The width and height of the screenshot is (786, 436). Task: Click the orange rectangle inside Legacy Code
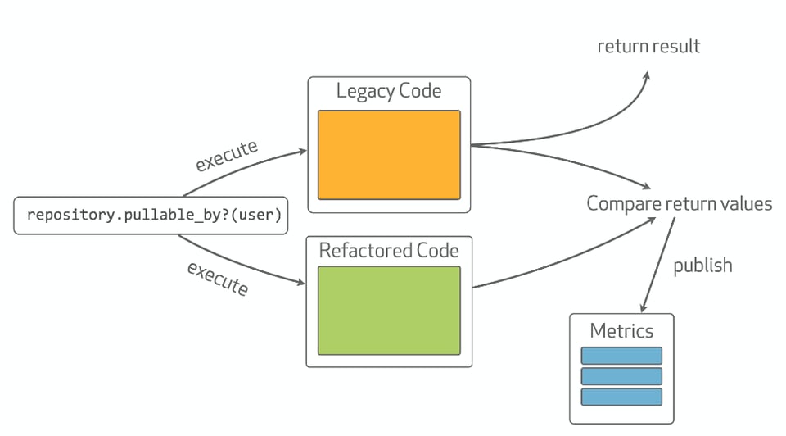click(389, 155)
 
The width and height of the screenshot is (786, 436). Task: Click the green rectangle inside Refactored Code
click(389, 310)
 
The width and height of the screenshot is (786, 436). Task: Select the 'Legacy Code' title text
click(389, 91)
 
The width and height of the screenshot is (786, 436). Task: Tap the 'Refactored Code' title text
click(389, 250)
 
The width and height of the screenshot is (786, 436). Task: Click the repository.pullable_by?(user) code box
click(154, 216)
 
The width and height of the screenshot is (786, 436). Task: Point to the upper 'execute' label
click(226, 156)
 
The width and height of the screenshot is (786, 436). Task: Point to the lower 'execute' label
click(217, 279)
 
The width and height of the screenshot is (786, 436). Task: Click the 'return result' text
click(648, 46)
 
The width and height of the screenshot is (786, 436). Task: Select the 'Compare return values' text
click(679, 203)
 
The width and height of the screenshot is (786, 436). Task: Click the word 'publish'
click(702, 266)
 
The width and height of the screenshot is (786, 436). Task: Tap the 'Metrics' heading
click(621, 331)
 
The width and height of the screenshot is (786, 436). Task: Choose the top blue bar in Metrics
click(621, 356)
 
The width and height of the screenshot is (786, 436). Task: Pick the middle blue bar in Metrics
click(621, 376)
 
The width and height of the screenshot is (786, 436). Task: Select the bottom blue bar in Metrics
click(621, 397)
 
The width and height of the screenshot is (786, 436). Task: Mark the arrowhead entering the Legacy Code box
click(302, 152)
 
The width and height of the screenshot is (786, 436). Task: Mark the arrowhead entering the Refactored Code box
click(300, 284)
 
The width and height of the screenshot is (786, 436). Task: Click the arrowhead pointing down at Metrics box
click(644, 307)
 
